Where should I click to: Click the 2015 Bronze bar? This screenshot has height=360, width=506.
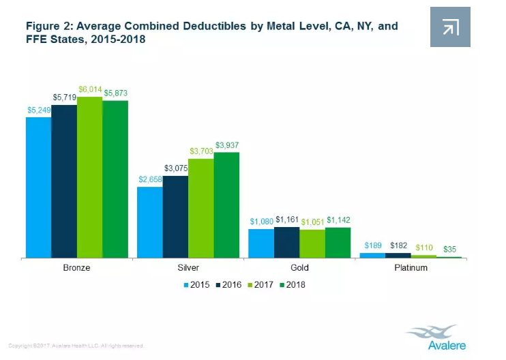(x=38, y=187)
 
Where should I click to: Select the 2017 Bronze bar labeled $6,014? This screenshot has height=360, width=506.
(x=89, y=177)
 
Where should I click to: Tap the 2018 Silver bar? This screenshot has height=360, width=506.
(x=226, y=205)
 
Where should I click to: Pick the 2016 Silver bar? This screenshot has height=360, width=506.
(x=175, y=217)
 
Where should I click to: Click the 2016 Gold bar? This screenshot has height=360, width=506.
(x=286, y=242)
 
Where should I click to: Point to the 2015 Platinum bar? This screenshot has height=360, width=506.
(x=372, y=255)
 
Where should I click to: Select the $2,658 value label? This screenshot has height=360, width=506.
(x=150, y=180)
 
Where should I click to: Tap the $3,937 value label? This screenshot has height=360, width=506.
(x=227, y=145)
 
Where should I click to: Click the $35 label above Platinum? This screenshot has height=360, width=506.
(x=450, y=250)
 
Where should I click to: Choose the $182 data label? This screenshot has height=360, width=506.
(x=398, y=245)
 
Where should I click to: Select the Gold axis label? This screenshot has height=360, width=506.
(x=299, y=268)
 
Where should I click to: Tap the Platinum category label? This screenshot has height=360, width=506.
(x=411, y=268)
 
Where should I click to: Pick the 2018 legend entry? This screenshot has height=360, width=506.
(x=293, y=285)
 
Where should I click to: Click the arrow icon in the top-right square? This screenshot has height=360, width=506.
(x=450, y=27)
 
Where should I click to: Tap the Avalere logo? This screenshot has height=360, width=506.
(x=437, y=337)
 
